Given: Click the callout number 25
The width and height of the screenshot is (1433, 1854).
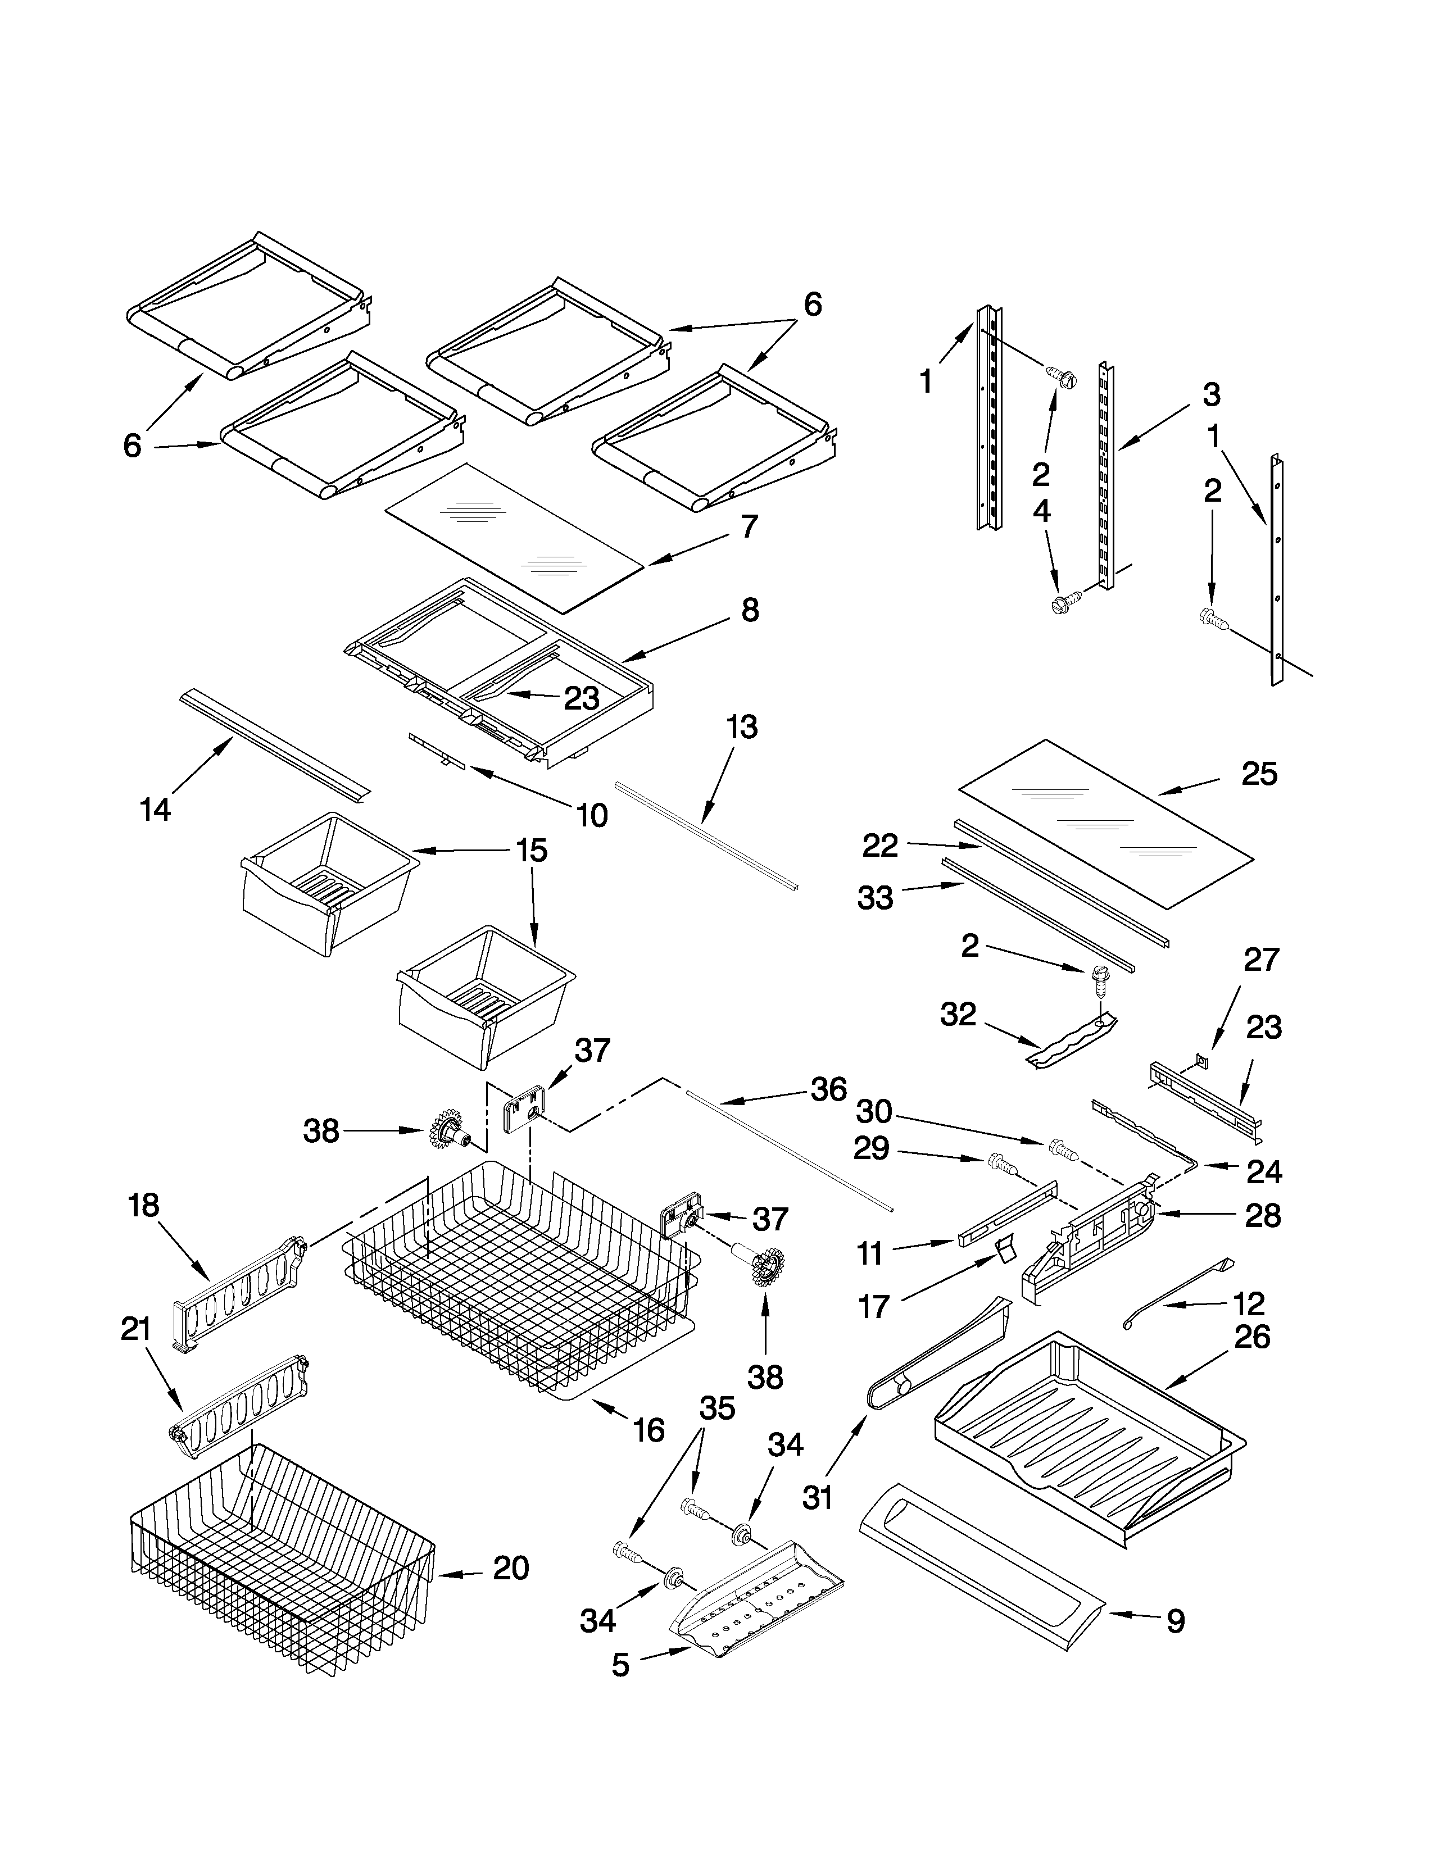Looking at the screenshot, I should point(1259,774).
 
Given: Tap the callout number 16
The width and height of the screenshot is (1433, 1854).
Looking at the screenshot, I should point(649,1430).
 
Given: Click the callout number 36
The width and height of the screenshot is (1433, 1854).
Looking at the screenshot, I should point(828,1089).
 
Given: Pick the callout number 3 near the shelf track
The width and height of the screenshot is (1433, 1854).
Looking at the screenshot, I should point(1212,394).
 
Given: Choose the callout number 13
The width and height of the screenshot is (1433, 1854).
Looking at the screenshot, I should point(742,728).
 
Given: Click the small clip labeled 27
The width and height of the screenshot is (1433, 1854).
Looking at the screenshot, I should point(1201,1060).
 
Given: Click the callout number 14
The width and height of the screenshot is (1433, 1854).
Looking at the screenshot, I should point(155,809).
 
